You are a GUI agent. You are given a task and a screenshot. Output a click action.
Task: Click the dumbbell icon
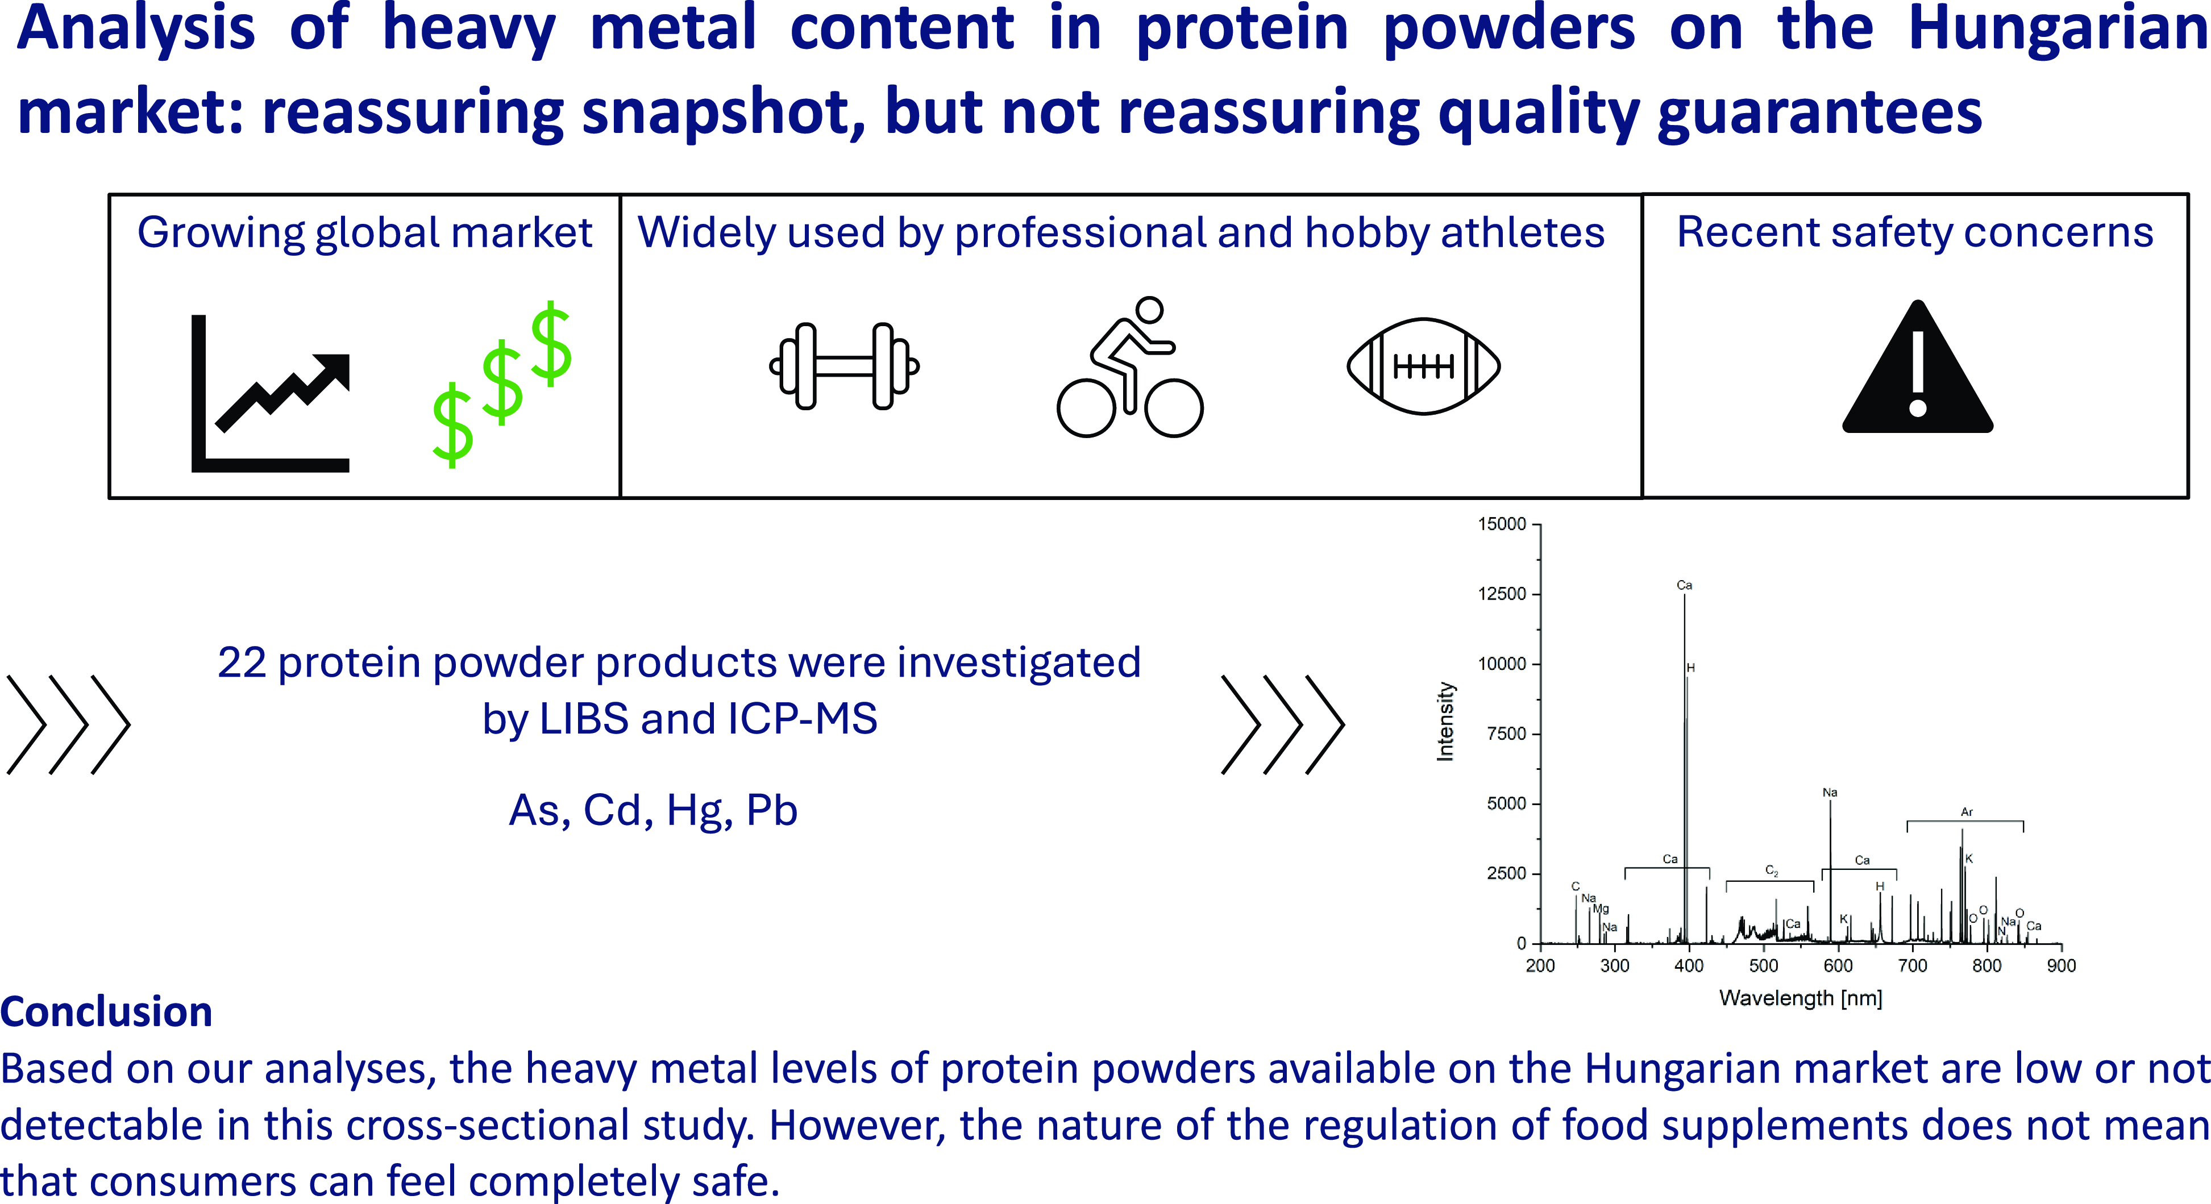845,366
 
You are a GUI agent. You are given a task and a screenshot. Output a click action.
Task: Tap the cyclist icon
1129,367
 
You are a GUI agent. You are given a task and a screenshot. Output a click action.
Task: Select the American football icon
1424,366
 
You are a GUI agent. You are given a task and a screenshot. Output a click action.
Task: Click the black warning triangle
1918,367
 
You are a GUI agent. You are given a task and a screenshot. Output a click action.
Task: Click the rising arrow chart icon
271,394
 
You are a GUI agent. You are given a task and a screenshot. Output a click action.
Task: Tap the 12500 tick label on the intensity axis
1502,594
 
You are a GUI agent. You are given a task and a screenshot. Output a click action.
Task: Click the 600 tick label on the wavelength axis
1838,965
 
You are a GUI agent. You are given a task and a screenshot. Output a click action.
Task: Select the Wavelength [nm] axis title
1801,998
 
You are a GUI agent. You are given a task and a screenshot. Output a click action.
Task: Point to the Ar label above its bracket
1967,812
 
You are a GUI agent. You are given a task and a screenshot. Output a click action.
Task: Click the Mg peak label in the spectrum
1601,909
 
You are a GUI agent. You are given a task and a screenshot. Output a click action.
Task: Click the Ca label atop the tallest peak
1684,585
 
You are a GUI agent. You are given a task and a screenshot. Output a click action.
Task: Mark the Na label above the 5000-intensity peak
1830,792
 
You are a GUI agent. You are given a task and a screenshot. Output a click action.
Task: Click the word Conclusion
106,1012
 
